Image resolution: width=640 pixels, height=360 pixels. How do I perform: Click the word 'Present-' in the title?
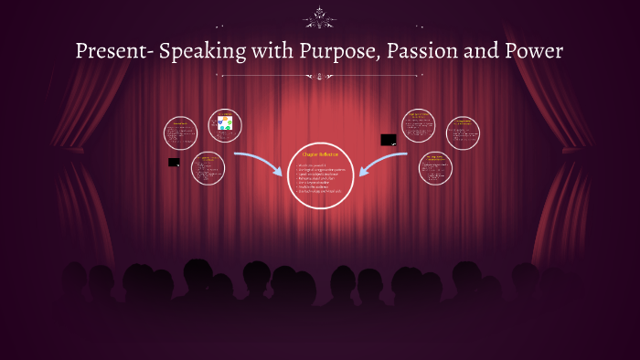pyautogui.click(x=112, y=51)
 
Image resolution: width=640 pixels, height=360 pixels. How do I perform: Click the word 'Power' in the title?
pyautogui.click(x=534, y=51)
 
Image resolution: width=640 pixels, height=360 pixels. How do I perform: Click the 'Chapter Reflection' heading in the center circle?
pyautogui.click(x=321, y=156)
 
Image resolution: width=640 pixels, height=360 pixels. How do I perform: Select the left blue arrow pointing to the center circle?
pyautogui.click(x=259, y=162)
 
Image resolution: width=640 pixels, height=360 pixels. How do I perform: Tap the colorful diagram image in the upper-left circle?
pyautogui.click(x=224, y=123)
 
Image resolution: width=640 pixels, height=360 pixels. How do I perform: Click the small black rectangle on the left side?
pyautogui.click(x=174, y=162)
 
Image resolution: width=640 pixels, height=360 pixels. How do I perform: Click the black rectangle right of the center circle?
pyautogui.click(x=389, y=140)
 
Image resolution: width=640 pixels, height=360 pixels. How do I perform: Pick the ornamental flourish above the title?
pyautogui.click(x=320, y=16)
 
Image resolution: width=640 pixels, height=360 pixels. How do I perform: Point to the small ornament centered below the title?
pyautogui.click(x=320, y=78)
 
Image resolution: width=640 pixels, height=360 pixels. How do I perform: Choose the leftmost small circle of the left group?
pyautogui.click(x=181, y=132)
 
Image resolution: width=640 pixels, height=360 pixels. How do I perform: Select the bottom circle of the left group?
pyautogui.click(x=208, y=167)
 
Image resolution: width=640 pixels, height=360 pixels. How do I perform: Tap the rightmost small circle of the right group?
pyautogui.click(x=463, y=132)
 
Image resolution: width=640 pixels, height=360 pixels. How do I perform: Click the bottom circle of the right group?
pyautogui.click(x=435, y=167)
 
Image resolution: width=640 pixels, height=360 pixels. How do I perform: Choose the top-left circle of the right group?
pyautogui.click(x=419, y=125)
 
